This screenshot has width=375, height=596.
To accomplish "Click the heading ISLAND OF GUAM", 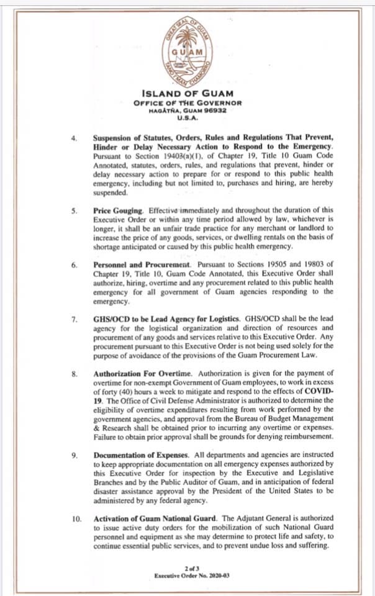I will [x=188, y=93].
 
